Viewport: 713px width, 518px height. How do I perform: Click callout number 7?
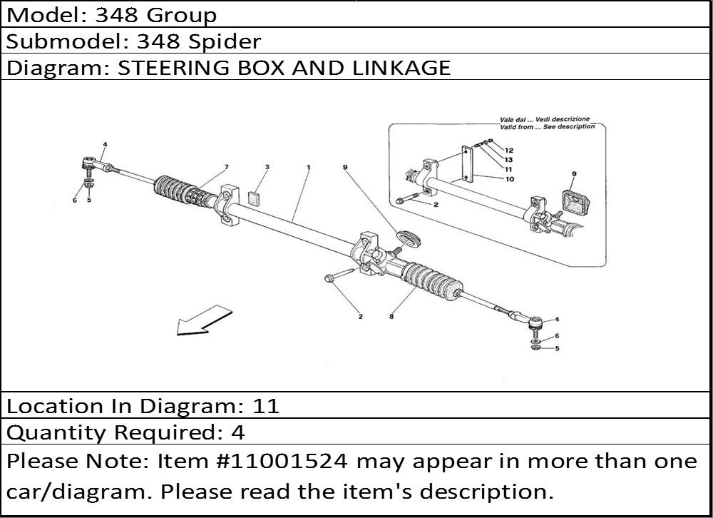tap(227, 167)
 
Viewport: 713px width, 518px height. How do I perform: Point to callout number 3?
tap(267, 167)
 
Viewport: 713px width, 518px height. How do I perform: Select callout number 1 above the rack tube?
tap(308, 168)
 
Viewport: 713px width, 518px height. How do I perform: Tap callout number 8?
tap(391, 316)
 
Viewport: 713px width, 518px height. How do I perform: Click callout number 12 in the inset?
tap(508, 151)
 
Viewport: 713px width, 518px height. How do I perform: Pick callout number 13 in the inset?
tap(508, 160)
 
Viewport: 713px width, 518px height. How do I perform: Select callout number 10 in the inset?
tap(510, 179)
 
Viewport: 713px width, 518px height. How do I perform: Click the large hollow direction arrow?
tap(204, 320)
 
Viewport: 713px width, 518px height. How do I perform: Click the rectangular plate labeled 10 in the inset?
tap(468, 165)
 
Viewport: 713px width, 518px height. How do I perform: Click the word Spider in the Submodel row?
tap(225, 42)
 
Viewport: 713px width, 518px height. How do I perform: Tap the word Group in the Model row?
tap(182, 16)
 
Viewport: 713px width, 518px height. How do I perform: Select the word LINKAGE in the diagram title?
tap(401, 68)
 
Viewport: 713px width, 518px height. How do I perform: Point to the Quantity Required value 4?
tap(238, 432)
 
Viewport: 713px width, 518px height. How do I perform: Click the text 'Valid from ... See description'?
tap(548, 126)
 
